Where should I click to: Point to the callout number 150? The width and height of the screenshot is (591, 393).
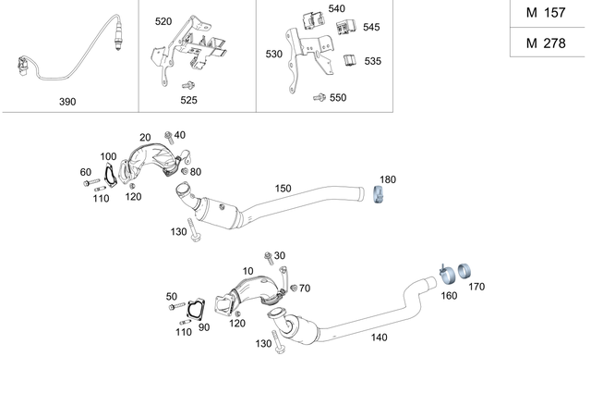click(282, 189)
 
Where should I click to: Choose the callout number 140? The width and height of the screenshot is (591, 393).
click(379, 338)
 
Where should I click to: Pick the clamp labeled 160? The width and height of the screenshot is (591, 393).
click(445, 276)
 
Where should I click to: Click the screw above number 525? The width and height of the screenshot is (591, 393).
click(187, 85)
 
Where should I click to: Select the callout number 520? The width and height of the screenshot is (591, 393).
click(163, 20)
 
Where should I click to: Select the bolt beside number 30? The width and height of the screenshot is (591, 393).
click(268, 256)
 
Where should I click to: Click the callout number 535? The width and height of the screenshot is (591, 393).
click(372, 61)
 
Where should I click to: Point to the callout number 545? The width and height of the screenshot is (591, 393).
click(370, 27)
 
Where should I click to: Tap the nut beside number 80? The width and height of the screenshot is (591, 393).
click(185, 171)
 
